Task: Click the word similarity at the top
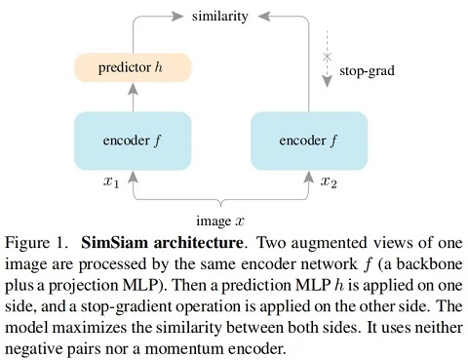[x=218, y=17]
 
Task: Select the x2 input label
[x=330, y=182]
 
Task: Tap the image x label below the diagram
[x=221, y=218]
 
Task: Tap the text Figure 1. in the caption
[x=36, y=240]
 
